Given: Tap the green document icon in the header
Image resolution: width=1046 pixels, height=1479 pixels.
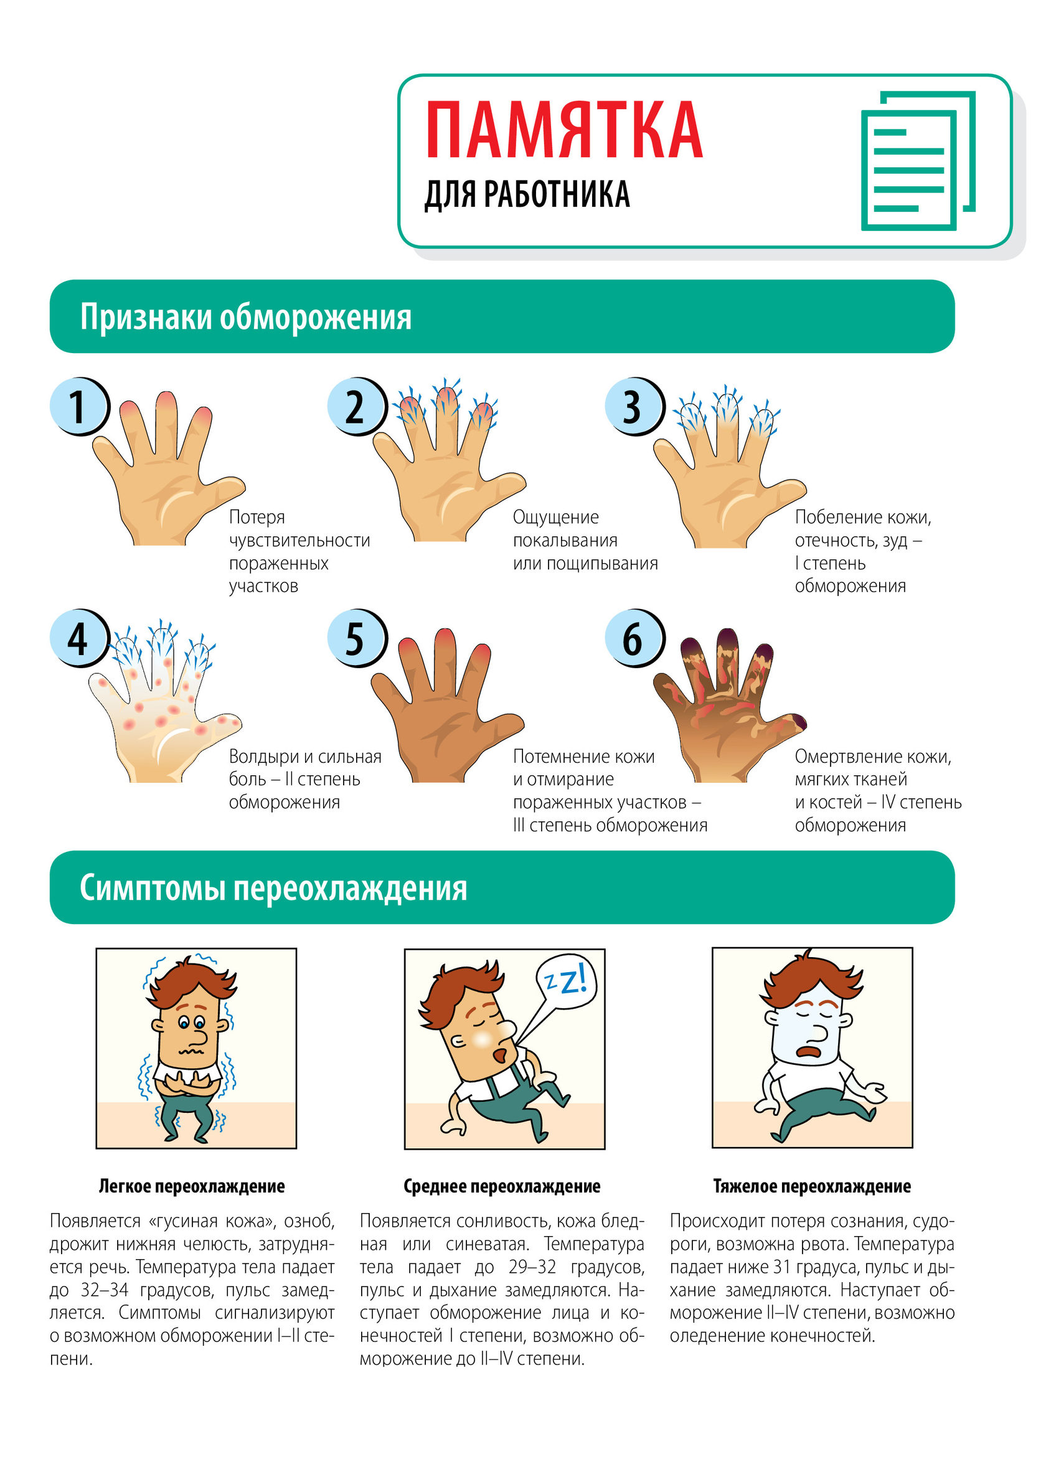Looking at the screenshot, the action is click(x=918, y=161).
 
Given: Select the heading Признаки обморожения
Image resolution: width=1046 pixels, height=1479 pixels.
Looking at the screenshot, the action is click(x=245, y=317).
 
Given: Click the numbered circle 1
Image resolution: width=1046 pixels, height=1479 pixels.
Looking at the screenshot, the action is click(x=80, y=407).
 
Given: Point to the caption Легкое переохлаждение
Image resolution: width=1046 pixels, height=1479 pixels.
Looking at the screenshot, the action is click(x=192, y=1186).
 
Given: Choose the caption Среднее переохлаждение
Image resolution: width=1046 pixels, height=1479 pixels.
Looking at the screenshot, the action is click(x=502, y=1186).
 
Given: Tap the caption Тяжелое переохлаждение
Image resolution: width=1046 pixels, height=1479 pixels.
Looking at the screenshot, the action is click(x=812, y=1186).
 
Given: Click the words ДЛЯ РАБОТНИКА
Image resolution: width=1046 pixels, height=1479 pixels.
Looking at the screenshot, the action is click(x=527, y=194).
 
